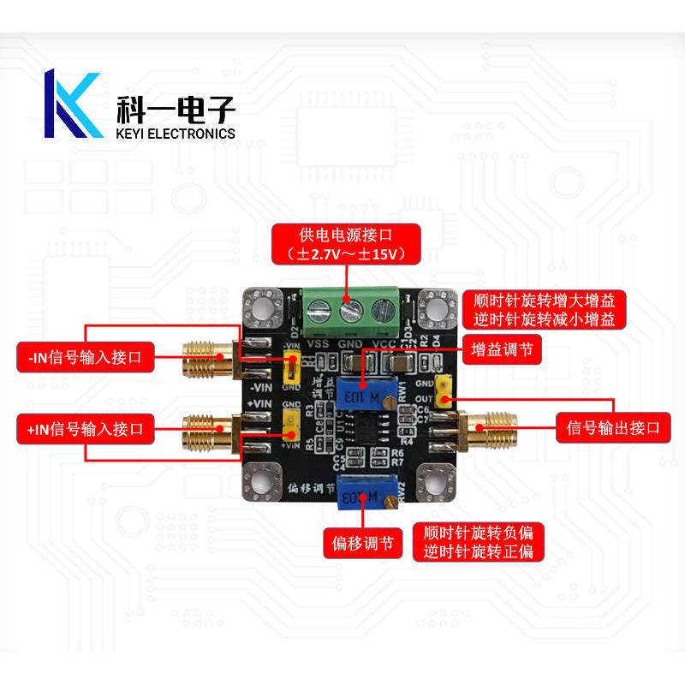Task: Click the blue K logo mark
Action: click(73, 105)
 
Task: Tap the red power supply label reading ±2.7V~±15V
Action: click(347, 244)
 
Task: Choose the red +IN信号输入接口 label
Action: click(86, 426)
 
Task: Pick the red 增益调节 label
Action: click(501, 349)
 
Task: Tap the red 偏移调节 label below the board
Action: click(363, 542)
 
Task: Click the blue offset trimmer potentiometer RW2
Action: click(363, 493)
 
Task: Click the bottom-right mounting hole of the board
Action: click(435, 485)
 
